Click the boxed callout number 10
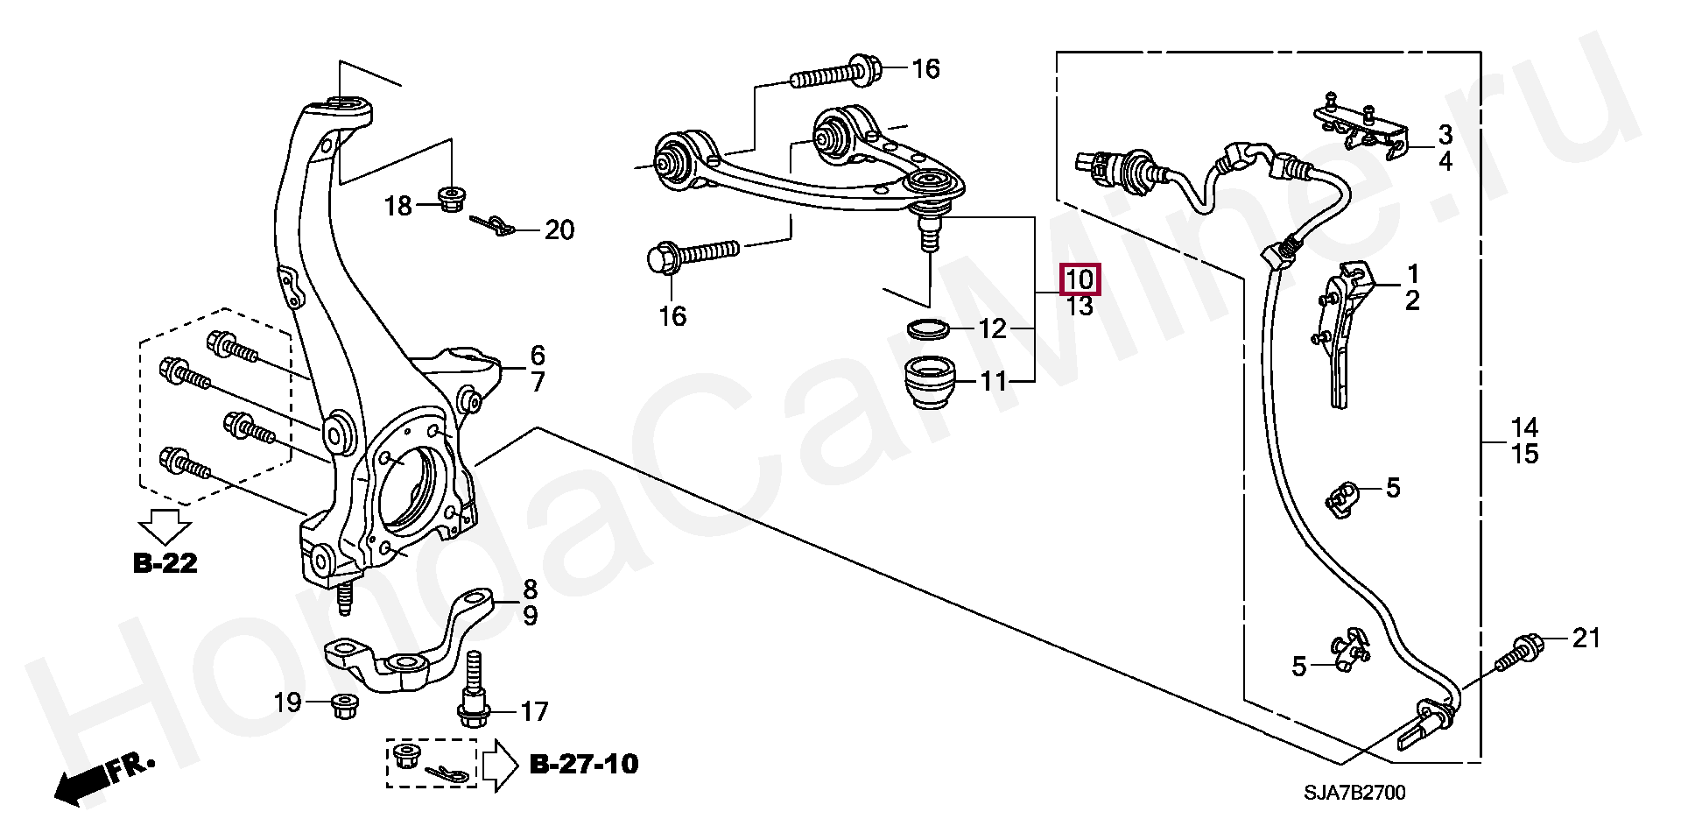click(1080, 280)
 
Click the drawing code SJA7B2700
click(1354, 794)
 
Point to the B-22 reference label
click(165, 563)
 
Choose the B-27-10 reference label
click(585, 764)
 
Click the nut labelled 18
click(452, 201)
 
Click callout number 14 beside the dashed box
click(1524, 428)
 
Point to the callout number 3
click(1445, 135)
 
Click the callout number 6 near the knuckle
click(537, 356)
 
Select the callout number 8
click(531, 589)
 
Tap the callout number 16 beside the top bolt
click(925, 68)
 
